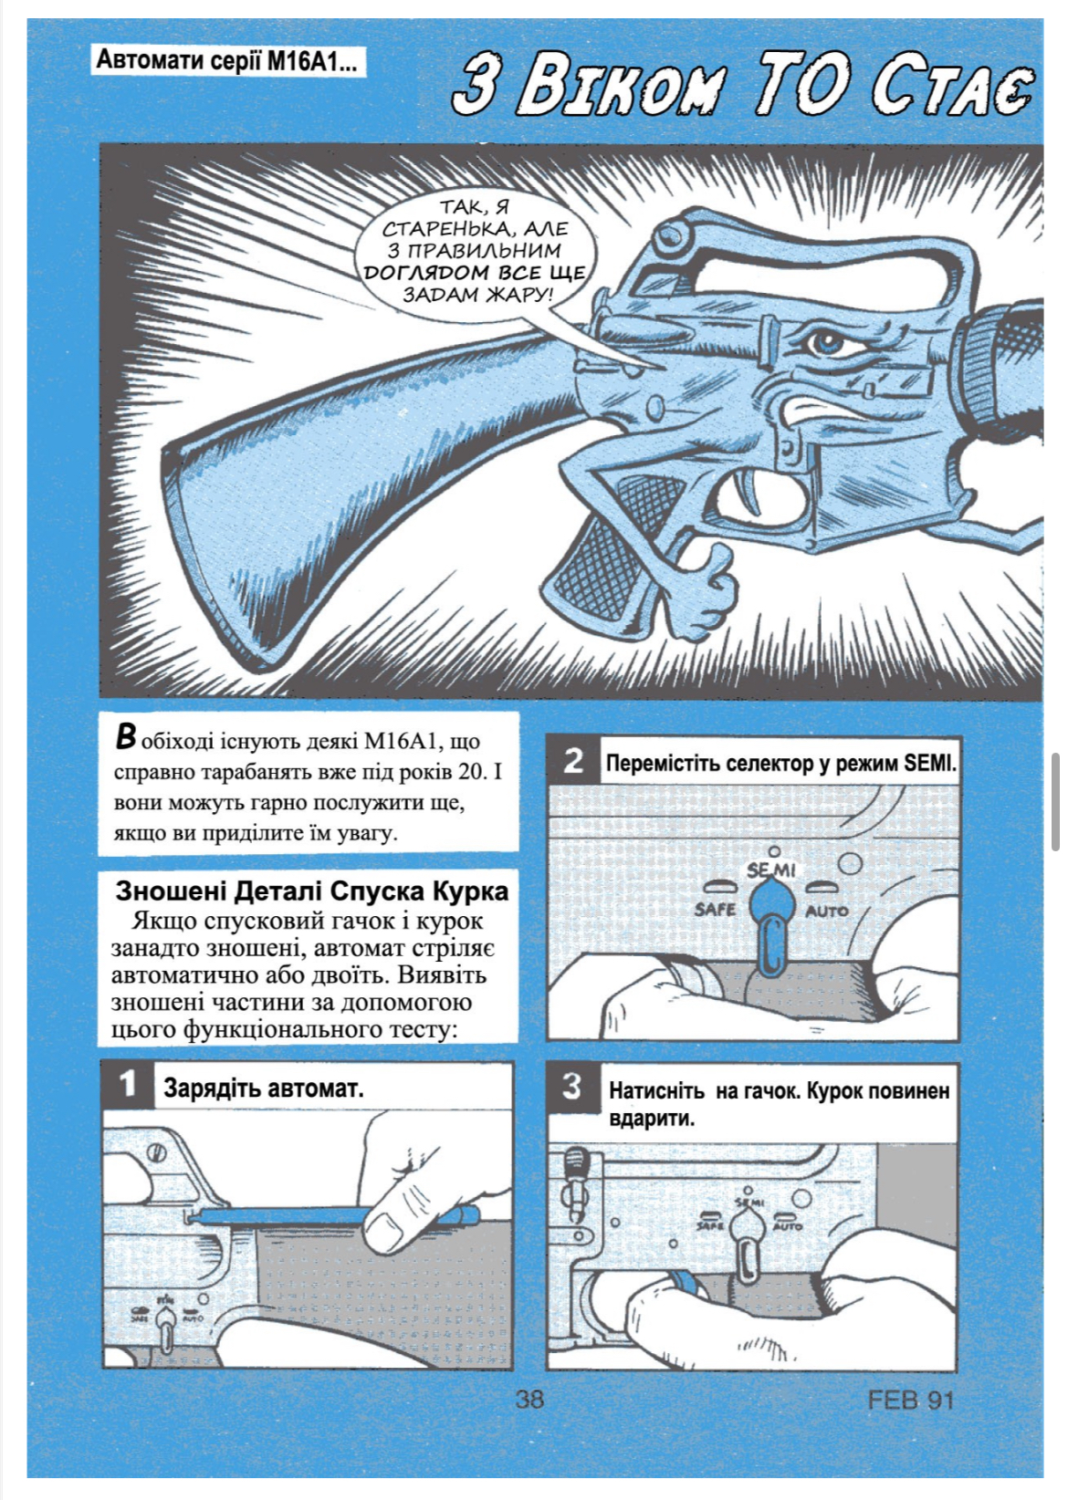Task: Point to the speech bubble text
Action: pos(475,251)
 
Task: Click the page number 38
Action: pos(529,1399)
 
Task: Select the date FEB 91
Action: pos(910,1400)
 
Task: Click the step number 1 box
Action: pos(128,1085)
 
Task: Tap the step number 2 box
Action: pos(574,760)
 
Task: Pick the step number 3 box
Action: pos(572,1087)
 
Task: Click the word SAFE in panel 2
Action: pos(715,909)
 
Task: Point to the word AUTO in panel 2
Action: pos(827,911)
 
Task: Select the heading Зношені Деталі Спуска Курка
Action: pos(311,891)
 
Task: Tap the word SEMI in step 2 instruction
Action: pos(929,763)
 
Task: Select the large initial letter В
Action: pos(126,737)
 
